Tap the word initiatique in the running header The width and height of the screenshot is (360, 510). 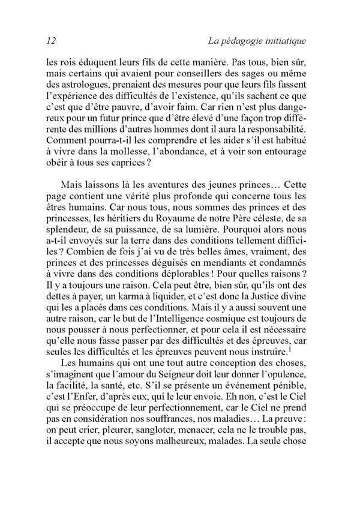pyautogui.click(x=283, y=41)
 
